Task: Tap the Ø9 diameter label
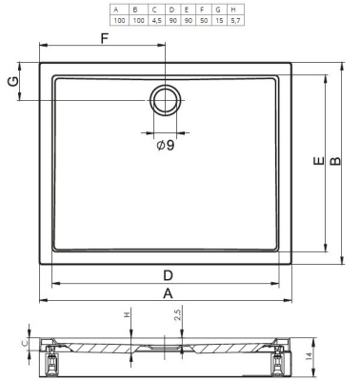166,146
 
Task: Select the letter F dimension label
105,39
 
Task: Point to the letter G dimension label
12,82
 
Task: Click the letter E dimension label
318,161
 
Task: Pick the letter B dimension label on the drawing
335,161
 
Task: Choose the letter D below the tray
168,275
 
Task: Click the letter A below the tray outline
168,293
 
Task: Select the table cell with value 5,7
235,21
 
